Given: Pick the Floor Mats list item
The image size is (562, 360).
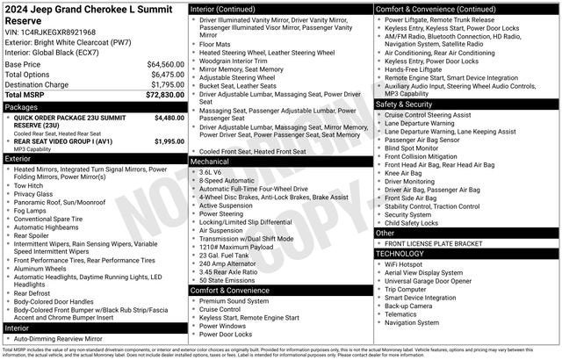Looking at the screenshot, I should (x=215, y=43).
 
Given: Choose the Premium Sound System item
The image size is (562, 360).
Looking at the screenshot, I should (x=233, y=301).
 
